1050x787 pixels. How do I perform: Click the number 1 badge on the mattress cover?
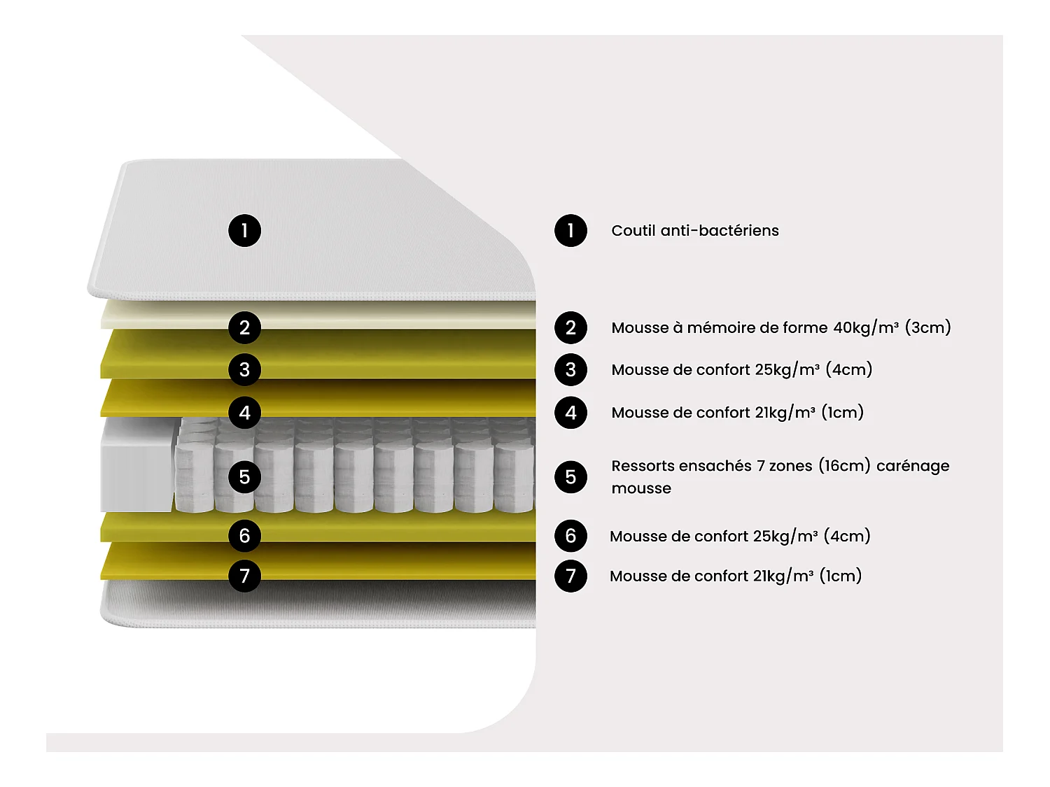(x=244, y=231)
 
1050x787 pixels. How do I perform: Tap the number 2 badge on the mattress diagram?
(x=244, y=327)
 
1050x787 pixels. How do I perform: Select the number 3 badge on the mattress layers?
(x=244, y=369)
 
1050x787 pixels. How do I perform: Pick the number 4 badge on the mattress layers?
(x=244, y=413)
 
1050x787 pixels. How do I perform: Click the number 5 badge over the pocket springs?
(x=244, y=477)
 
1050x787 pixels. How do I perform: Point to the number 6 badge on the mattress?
(x=244, y=536)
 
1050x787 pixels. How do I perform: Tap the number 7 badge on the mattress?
(x=244, y=576)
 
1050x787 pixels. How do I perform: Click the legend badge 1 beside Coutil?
(x=570, y=231)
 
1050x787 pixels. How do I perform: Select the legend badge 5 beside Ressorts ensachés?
(x=570, y=477)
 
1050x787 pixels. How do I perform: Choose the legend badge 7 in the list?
(x=570, y=576)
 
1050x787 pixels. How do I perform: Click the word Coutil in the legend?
(x=633, y=231)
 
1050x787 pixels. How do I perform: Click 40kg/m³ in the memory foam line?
(x=866, y=327)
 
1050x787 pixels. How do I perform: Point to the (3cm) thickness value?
(x=928, y=327)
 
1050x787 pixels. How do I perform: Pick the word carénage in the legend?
(x=913, y=466)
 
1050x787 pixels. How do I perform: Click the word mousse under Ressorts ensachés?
(x=641, y=488)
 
